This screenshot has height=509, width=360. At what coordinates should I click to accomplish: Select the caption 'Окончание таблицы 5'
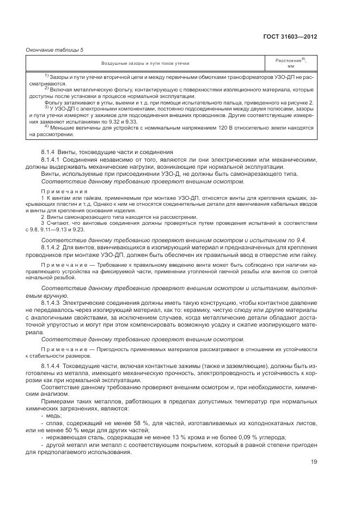(x=54, y=50)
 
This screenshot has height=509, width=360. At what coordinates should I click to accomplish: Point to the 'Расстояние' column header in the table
(x=288, y=60)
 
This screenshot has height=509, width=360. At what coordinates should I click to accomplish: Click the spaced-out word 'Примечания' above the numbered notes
(x=64, y=192)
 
